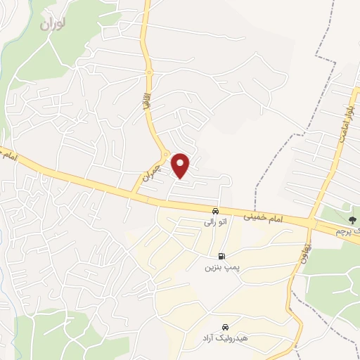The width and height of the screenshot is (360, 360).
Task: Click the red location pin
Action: pos(181,165)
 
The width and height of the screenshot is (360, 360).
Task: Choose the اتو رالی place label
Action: pos(215,222)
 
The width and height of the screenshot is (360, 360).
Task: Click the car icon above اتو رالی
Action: pos(215,211)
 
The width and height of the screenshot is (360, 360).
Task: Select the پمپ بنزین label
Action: pos(218,267)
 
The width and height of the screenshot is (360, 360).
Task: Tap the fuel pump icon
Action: pos(222,256)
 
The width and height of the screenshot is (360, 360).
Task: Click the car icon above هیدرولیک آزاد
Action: pos(225,328)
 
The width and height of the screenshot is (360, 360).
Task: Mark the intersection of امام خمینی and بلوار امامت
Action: pos(314,223)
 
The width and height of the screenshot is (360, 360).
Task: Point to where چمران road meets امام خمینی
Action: pos(134,193)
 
